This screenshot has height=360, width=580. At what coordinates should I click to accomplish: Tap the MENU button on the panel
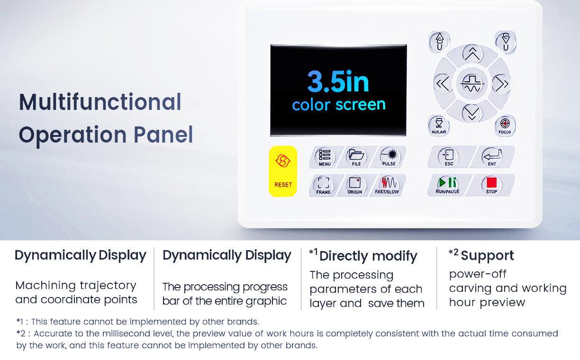(325, 157)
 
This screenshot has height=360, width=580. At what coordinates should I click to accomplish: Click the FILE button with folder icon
(356, 157)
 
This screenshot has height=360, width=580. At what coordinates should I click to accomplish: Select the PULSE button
(390, 157)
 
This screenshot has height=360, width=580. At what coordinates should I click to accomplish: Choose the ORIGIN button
(354, 186)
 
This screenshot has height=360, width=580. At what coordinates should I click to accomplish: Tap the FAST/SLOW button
(387, 186)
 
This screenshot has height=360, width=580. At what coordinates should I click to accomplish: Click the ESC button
(449, 157)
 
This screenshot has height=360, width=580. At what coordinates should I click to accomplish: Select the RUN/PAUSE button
(447, 185)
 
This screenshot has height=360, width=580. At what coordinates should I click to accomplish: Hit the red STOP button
(491, 185)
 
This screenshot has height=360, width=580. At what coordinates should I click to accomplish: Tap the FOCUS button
(505, 126)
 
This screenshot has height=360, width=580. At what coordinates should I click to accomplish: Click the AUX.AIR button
(439, 126)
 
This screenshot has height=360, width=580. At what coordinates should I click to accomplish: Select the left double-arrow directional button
(443, 84)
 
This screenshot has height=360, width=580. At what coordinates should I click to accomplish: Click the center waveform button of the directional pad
(472, 83)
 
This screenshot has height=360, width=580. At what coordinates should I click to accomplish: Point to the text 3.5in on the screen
(338, 81)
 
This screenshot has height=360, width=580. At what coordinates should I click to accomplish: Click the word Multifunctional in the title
(100, 102)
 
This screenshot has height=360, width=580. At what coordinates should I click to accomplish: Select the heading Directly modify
(368, 256)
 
